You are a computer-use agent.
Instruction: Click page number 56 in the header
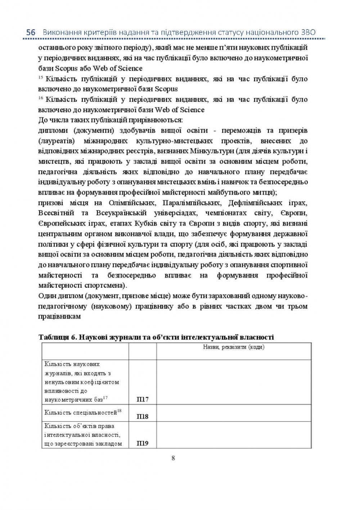[31, 32]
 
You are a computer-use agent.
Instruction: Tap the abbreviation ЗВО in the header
[308, 32]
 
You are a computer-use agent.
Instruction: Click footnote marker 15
[40, 78]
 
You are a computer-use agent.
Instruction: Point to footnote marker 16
[40, 98]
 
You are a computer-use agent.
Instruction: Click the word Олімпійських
[132, 203]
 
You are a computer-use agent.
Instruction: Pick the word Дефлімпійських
[253, 203]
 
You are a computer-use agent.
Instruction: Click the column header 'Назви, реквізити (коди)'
[234, 347]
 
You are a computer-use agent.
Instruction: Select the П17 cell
[143, 399]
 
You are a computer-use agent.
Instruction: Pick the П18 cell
[143, 416]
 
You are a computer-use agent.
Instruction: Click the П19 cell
[143, 443]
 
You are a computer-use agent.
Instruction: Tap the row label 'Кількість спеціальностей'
[81, 413]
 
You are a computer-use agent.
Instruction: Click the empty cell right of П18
[234, 413]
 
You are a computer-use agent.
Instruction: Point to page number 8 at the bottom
[173, 458]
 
